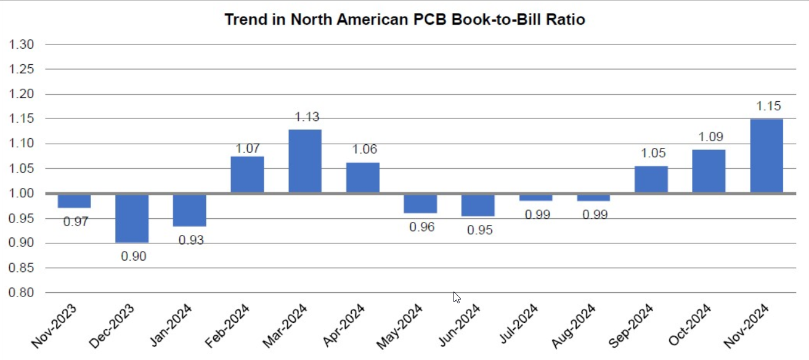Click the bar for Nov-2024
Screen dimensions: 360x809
click(766, 156)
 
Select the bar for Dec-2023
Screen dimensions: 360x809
click(132, 218)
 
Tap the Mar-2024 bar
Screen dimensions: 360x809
click(305, 162)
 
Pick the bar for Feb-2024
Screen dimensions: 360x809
click(247, 175)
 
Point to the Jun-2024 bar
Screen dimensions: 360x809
click(478, 205)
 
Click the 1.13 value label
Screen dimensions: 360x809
click(307, 117)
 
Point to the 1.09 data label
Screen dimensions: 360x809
click(710, 137)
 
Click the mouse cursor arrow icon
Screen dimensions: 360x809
click(457, 297)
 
